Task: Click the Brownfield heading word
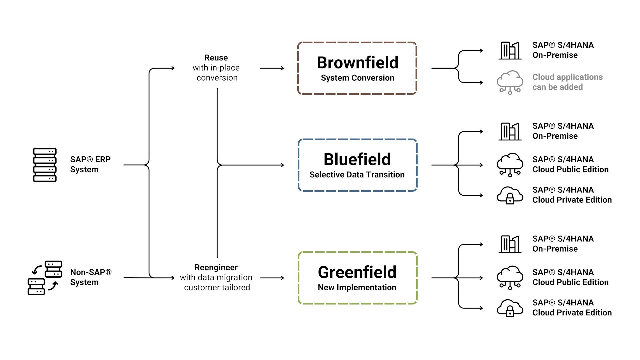tap(357, 63)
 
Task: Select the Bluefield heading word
tap(357, 159)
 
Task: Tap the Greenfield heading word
tap(357, 272)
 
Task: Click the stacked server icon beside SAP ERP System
tap(45, 165)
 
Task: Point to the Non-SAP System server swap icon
tap(45, 278)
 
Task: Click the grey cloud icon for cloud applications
tap(510, 82)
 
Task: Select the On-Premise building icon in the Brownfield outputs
tap(510, 51)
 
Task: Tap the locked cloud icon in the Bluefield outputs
tap(510, 195)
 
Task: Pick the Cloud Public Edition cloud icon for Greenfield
tap(510, 277)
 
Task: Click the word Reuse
tap(216, 58)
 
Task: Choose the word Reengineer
tap(216, 267)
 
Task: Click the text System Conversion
tap(357, 78)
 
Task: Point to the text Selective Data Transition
tap(357, 175)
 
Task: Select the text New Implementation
tap(357, 287)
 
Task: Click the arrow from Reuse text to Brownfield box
tap(272, 68)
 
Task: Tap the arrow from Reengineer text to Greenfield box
tap(272, 278)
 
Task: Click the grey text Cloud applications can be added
tap(567, 82)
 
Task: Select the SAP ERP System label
tap(90, 164)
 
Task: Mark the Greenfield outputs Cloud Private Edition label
tap(572, 308)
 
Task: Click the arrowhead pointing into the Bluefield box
tap(282, 165)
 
